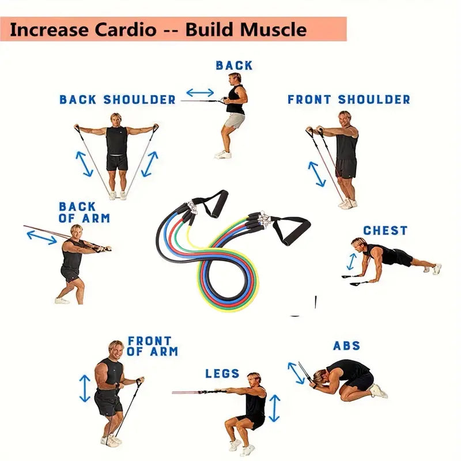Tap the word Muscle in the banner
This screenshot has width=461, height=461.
[x=274, y=29]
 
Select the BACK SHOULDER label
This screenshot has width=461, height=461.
[x=118, y=100]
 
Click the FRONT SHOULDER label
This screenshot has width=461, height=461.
[x=349, y=100]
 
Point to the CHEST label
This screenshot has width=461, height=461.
[x=385, y=231]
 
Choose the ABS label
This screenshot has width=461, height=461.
[x=347, y=346]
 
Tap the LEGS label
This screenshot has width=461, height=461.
[x=222, y=373]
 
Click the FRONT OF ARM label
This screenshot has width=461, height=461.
[x=152, y=346]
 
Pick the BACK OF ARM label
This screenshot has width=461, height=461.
[x=84, y=212]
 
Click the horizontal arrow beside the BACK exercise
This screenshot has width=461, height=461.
[x=200, y=92]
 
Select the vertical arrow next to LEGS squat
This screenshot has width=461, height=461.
[x=275, y=408]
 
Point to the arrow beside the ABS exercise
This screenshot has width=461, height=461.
[x=296, y=373]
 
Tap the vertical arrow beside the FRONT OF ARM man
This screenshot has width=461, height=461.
[x=85, y=388]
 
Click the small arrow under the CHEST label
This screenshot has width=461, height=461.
[x=351, y=261]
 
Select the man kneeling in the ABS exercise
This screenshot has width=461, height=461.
[x=349, y=377]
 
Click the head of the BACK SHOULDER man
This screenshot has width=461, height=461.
[x=116, y=119]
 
